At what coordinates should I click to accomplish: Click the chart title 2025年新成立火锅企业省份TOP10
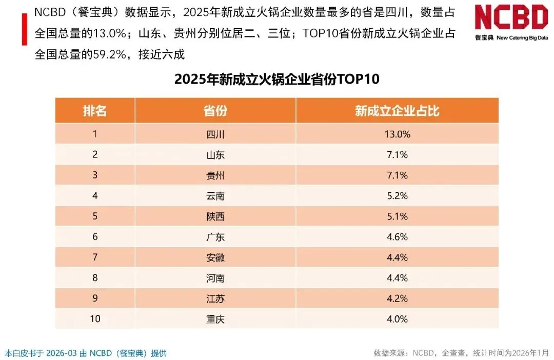pyautogui.click(x=276, y=79)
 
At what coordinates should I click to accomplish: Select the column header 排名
pyautogui.click(x=95, y=111)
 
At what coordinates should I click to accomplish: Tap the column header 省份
pyautogui.click(x=215, y=111)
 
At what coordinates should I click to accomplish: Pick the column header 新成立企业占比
pyautogui.click(x=397, y=111)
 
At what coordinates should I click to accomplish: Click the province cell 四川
pyautogui.click(x=215, y=134)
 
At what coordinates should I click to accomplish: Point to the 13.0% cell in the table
pyautogui.click(x=397, y=134)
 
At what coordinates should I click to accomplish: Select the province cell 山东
pyautogui.click(x=215, y=155)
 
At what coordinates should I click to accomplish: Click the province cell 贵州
pyautogui.click(x=215, y=175)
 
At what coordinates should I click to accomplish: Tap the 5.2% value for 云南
pyautogui.click(x=397, y=196)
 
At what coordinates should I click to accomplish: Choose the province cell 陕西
pyautogui.click(x=215, y=216)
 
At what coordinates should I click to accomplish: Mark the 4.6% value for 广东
pyautogui.click(x=397, y=237)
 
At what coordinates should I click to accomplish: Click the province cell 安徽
pyautogui.click(x=215, y=257)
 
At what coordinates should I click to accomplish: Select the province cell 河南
pyautogui.click(x=215, y=278)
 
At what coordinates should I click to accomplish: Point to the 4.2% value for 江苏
pyautogui.click(x=397, y=298)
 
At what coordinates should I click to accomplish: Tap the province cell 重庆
pyautogui.click(x=215, y=319)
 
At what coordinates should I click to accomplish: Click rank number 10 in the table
pyautogui.click(x=95, y=318)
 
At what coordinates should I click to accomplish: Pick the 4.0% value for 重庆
pyautogui.click(x=397, y=319)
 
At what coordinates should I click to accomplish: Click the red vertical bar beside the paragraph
pyautogui.click(x=25, y=29)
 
